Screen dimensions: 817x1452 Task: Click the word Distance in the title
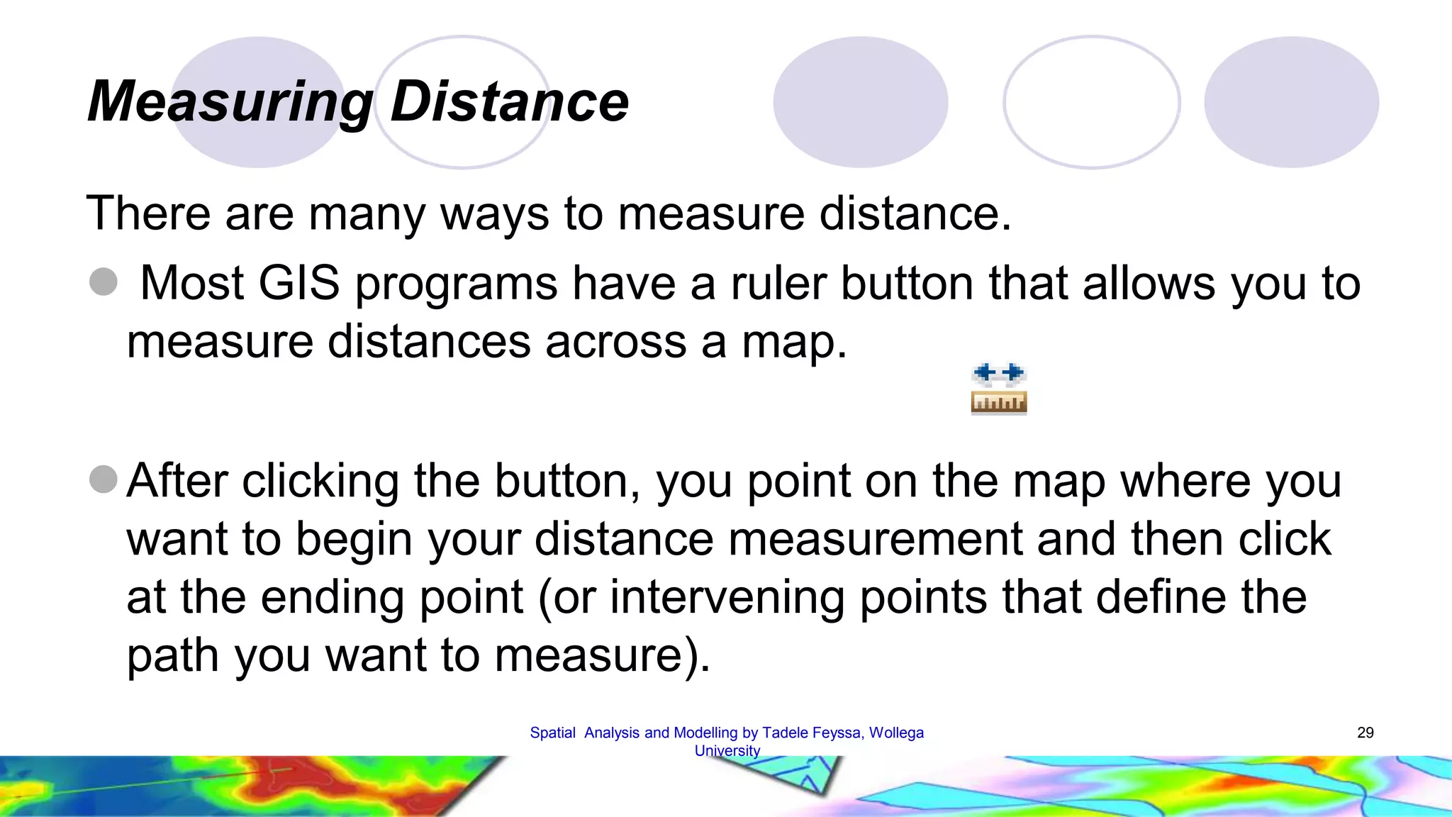click(x=509, y=101)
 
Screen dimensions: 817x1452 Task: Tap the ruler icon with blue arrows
click(x=998, y=389)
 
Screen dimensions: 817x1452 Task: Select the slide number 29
click(x=1365, y=733)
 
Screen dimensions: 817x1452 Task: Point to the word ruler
click(x=778, y=283)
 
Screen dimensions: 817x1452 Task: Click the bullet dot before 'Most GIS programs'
click(x=104, y=282)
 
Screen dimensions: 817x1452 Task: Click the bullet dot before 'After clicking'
click(x=104, y=479)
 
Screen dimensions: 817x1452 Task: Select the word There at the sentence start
click(x=148, y=213)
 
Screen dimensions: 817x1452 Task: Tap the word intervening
click(x=727, y=596)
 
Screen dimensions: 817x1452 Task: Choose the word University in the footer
click(x=727, y=750)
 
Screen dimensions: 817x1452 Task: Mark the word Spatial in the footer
click(x=552, y=733)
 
